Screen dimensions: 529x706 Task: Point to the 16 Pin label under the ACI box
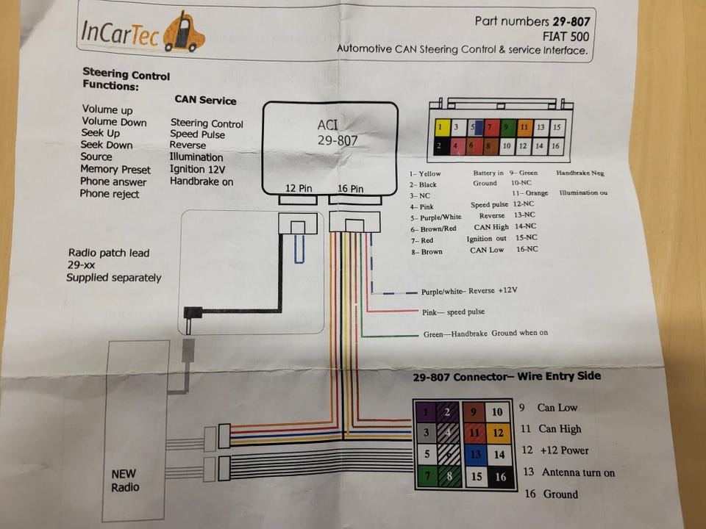(x=350, y=189)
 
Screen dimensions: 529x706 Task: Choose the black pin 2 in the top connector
(x=441, y=146)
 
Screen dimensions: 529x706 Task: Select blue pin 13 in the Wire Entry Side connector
(x=475, y=454)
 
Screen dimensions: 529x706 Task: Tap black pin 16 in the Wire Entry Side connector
(x=499, y=477)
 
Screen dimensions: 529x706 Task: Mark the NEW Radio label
(x=124, y=481)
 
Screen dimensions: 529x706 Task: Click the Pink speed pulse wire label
(x=454, y=312)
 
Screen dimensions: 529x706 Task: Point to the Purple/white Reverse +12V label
(x=470, y=291)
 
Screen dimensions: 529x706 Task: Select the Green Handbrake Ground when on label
(x=485, y=334)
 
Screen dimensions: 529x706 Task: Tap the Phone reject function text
(x=110, y=194)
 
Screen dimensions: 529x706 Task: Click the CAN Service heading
(x=205, y=100)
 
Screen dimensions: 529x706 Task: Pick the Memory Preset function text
(x=115, y=170)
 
